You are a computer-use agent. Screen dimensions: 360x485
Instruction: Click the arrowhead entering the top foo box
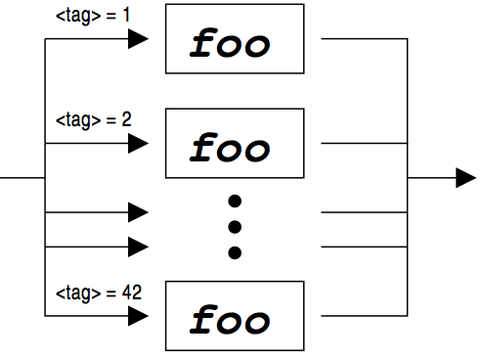point(138,39)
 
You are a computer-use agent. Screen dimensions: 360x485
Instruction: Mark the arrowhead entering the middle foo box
point(138,144)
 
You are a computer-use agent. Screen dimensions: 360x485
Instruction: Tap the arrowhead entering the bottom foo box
point(138,315)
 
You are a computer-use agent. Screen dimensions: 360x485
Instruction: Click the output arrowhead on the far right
point(465,177)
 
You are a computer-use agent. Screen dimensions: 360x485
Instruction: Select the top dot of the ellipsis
point(235,202)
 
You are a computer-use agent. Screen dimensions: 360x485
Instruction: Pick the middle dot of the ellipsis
point(235,228)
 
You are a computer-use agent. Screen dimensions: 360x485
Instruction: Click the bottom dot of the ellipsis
point(235,253)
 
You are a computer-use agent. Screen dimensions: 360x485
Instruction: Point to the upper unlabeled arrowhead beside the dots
point(138,211)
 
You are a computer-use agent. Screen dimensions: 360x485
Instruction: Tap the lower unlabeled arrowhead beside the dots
point(138,246)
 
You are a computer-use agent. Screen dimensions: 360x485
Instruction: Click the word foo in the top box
point(231,43)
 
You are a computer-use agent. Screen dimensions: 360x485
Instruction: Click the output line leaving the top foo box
point(362,40)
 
